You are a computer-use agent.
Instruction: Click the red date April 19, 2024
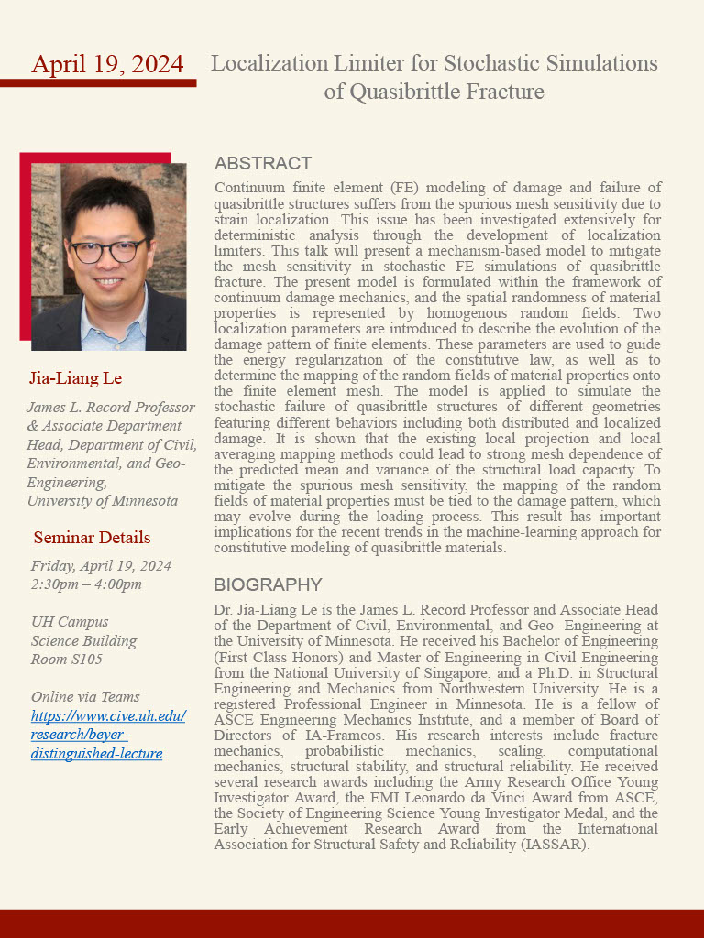click(x=107, y=64)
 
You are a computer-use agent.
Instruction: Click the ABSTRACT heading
click(x=263, y=164)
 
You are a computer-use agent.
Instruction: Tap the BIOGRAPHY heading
click(x=268, y=584)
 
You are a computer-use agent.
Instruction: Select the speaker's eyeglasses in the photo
click(x=109, y=251)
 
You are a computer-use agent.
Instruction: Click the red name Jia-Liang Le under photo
click(x=76, y=378)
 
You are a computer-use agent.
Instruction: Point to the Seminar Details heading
click(x=92, y=538)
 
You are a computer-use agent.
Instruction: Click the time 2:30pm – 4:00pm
click(x=86, y=584)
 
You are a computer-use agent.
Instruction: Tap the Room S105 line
click(x=67, y=659)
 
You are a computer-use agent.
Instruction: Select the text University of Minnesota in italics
click(x=103, y=501)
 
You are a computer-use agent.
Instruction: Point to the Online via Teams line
click(x=85, y=697)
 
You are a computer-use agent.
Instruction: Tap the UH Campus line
click(x=70, y=622)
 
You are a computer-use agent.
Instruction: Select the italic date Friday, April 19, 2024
click(x=101, y=566)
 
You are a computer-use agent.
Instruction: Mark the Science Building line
click(x=83, y=640)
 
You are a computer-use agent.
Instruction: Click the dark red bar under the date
click(x=98, y=83)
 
